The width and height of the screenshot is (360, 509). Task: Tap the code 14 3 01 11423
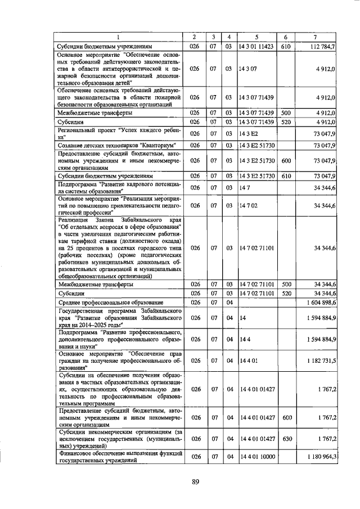256,47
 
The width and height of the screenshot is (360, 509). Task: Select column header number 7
315,37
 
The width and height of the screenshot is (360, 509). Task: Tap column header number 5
256,37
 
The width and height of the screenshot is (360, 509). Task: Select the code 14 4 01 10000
256,457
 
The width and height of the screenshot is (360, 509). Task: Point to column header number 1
118,37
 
